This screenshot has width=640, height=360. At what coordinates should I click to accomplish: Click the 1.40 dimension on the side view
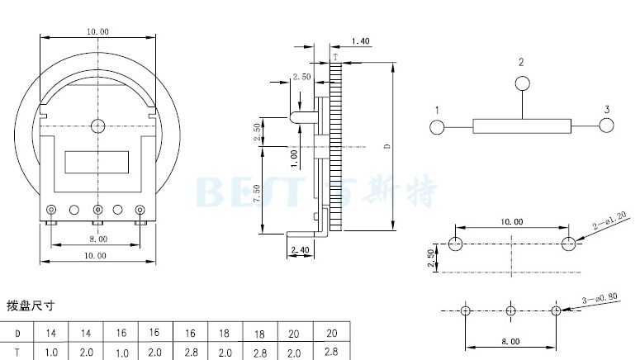click(360, 40)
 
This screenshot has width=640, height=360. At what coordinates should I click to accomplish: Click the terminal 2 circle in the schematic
click(521, 83)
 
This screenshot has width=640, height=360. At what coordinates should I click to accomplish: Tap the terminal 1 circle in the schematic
click(437, 126)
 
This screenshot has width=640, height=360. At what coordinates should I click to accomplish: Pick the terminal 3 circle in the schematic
click(607, 126)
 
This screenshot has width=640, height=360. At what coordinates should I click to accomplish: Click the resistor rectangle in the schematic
click(522, 126)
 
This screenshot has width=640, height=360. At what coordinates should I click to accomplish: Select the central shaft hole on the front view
click(98, 126)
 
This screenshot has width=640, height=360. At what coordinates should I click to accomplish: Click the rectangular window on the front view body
click(97, 162)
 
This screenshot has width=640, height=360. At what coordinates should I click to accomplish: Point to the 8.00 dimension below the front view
click(97, 239)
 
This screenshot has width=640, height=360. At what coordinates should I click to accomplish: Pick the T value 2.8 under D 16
click(190, 353)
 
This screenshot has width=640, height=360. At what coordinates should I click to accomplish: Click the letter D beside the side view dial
click(387, 146)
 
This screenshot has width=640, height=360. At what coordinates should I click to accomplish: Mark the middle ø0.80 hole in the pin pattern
click(510, 310)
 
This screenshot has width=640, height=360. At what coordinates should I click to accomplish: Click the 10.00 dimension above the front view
click(97, 31)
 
